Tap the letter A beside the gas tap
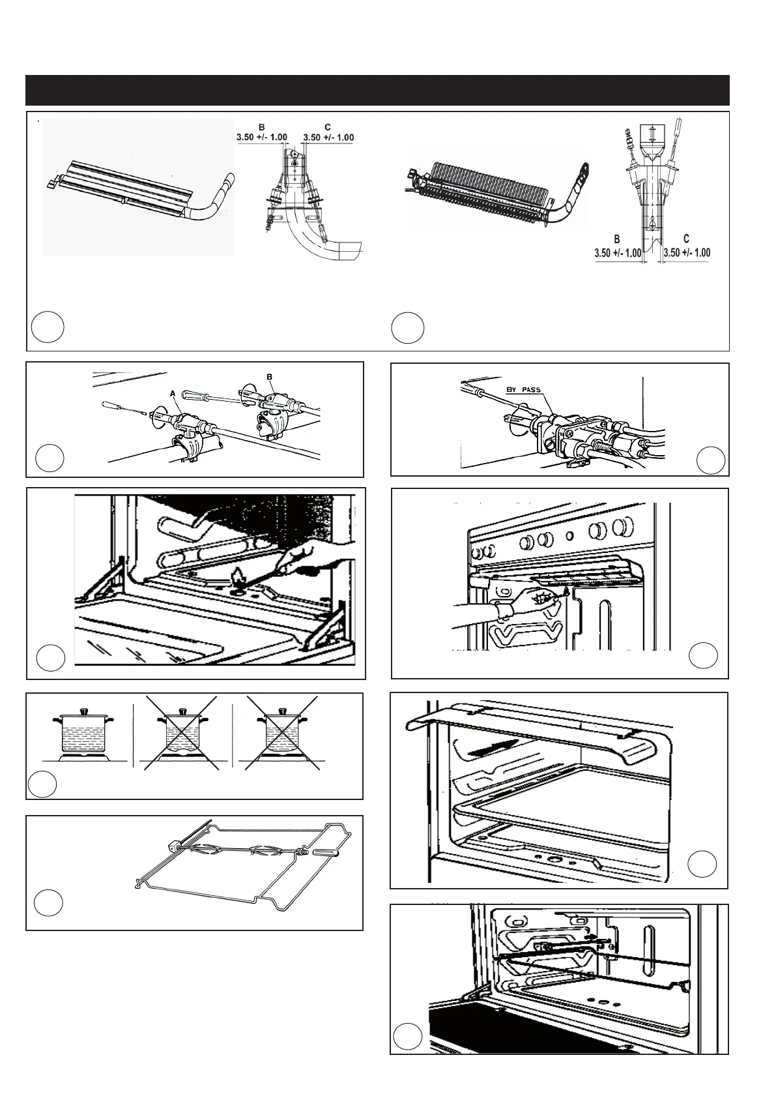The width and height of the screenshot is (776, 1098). [173, 393]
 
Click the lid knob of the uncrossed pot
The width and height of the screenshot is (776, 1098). [83, 710]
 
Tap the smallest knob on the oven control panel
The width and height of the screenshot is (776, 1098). [570, 537]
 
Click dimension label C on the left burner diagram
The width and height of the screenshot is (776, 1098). [327, 127]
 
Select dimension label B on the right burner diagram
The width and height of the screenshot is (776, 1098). [616, 239]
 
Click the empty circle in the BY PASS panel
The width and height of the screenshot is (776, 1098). [710, 460]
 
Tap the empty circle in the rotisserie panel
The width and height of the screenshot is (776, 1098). [49, 902]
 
